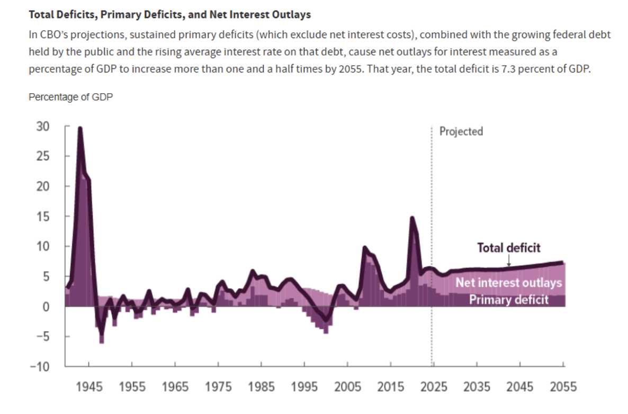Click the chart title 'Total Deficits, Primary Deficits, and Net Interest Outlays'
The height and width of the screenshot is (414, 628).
169,15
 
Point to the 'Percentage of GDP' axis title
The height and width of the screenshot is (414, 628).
70,97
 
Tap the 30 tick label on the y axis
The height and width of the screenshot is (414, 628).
43,127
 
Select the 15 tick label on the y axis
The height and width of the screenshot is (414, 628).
43,217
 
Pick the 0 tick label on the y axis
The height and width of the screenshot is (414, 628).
46,307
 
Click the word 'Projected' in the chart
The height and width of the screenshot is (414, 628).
461,131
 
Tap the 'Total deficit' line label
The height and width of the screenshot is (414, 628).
509,248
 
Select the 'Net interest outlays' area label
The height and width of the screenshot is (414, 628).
508,283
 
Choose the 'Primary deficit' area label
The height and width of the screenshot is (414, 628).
508,300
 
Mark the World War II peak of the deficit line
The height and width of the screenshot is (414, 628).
80,128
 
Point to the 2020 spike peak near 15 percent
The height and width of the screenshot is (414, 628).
412,218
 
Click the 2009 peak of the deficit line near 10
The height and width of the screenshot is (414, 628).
364,247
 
